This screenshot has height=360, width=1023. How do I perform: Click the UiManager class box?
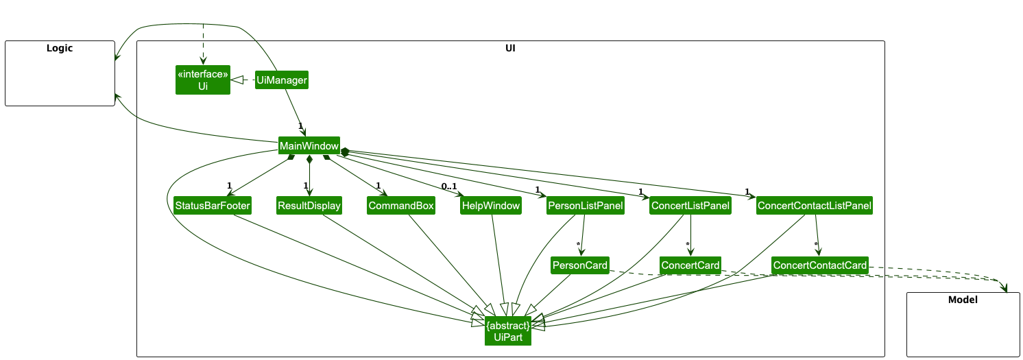(x=281, y=80)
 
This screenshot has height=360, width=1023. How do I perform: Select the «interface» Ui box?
(x=202, y=80)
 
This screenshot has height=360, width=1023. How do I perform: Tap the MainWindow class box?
(x=309, y=146)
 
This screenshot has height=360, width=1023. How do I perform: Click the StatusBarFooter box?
(x=212, y=206)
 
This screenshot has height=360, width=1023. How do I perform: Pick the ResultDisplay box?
(x=309, y=206)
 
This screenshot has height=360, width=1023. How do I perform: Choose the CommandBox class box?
(x=401, y=206)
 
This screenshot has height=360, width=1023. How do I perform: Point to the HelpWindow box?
(x=491, y=206)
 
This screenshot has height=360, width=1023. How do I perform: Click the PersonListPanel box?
(x=585, y=206)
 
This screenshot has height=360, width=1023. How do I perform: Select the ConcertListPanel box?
(x=690, y=206)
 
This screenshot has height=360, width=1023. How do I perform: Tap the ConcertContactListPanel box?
(x=815, y=206)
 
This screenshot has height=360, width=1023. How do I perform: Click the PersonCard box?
(x=580, y=265)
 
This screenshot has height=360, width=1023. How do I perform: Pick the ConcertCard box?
(x=690, y=265)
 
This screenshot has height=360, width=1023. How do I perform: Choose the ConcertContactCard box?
(x=820, y=265)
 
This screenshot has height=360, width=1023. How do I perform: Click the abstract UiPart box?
(x=508, y=330)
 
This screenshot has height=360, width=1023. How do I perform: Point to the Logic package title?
(x=60, y=48)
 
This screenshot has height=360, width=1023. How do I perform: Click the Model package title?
(x=963, y=300)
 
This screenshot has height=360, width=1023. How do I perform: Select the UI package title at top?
(x=510, y=48)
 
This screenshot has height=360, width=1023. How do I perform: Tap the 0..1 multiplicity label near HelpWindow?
(x=449, y=187)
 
